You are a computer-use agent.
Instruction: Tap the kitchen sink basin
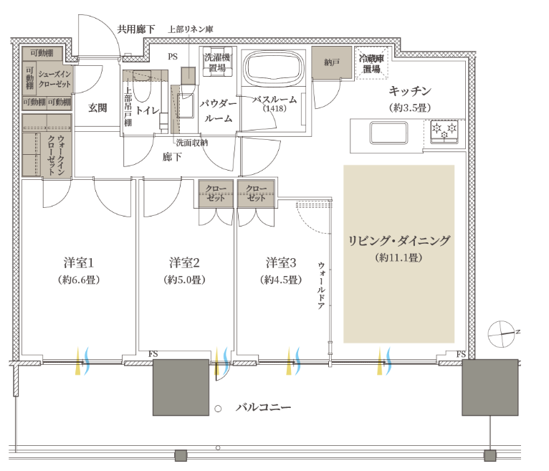coord(388,133)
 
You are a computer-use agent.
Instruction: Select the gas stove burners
coord(444,132)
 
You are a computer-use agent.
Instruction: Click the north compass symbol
coord(502,334)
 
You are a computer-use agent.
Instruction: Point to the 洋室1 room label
coord(79,262)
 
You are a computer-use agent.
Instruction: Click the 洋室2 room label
coord(184,262)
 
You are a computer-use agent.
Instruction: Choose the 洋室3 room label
coord(281,262)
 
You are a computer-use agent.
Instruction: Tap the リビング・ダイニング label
coord(398,241)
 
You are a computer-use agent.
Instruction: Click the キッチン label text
coord(410,91)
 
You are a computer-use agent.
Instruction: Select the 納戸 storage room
coord(332,62)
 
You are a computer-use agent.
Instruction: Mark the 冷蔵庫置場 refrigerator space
coord(371,63)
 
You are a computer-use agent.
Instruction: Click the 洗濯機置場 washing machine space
coord(217,62)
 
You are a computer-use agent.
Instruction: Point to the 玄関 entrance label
coord(97,108)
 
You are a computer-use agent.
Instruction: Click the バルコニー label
coord(263,407)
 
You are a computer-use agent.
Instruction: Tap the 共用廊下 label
coord(136,29)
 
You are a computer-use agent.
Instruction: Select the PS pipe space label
coord(173,57)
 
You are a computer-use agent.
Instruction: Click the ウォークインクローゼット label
coord(56,155)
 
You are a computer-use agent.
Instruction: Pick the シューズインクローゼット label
coord(54,79)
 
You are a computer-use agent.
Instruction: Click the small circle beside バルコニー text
coord(218,409)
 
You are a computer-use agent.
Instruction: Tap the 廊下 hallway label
coord(172,156)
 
